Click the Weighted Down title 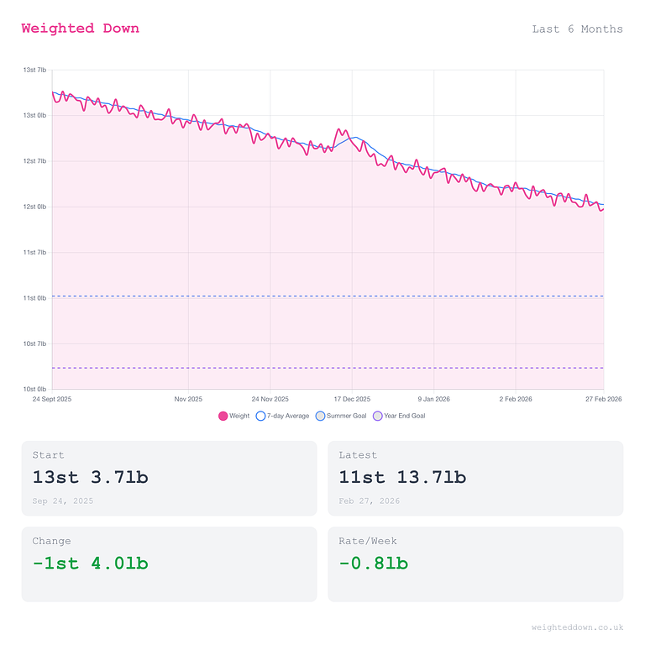click(x=80, y=29)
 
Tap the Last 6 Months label click(x=577, y=29)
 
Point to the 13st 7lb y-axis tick click(x=34, y=70)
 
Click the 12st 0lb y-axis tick click(x=34, y=207)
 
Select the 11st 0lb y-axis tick click(x=34, y=298)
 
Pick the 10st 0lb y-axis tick click(x=34, y=389)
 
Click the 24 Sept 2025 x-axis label click(x=52, y=399)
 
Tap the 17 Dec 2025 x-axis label click(x=352, y=399)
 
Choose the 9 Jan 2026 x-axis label click(x=433, y=399)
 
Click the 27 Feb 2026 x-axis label click(x=603, y=399)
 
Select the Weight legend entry click(x=234, y=416)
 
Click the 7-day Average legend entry click(x=282, y=416)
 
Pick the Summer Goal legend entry click(x=341, y=416)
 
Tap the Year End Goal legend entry click(x=399, y=416)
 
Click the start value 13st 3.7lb click(x=90, y=478)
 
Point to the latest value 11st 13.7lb click(x=402, y=478)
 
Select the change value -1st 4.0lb click(x=90, y=564)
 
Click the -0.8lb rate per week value click(x=373, y=564)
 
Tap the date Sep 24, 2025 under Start click(x=63, y=501)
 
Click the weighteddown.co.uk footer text click(x=577, y=627)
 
